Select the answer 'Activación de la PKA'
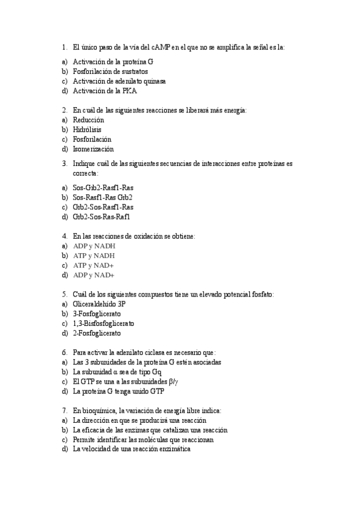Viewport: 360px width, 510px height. click(x=105, y=91)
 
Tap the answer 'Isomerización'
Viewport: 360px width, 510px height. click(x=93, y=149)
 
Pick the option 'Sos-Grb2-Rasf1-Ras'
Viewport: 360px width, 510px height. click(x=103, y=188)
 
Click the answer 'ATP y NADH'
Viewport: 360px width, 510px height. click(x=94, y=256)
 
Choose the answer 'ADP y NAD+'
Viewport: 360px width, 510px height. click(x=93, y=275)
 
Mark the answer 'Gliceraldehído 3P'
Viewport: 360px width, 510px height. click(x=99, y=304)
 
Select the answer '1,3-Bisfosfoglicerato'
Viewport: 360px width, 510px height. click(x=103, y=324)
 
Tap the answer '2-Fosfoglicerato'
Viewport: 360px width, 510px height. click(x=97, y=333)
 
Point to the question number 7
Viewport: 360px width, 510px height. click(x=64, y=411)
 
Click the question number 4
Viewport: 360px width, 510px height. click(x=64, y=236)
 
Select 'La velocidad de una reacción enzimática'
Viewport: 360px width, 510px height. click(x=132, y=449)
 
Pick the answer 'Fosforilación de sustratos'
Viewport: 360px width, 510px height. click(x=111, y=72)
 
